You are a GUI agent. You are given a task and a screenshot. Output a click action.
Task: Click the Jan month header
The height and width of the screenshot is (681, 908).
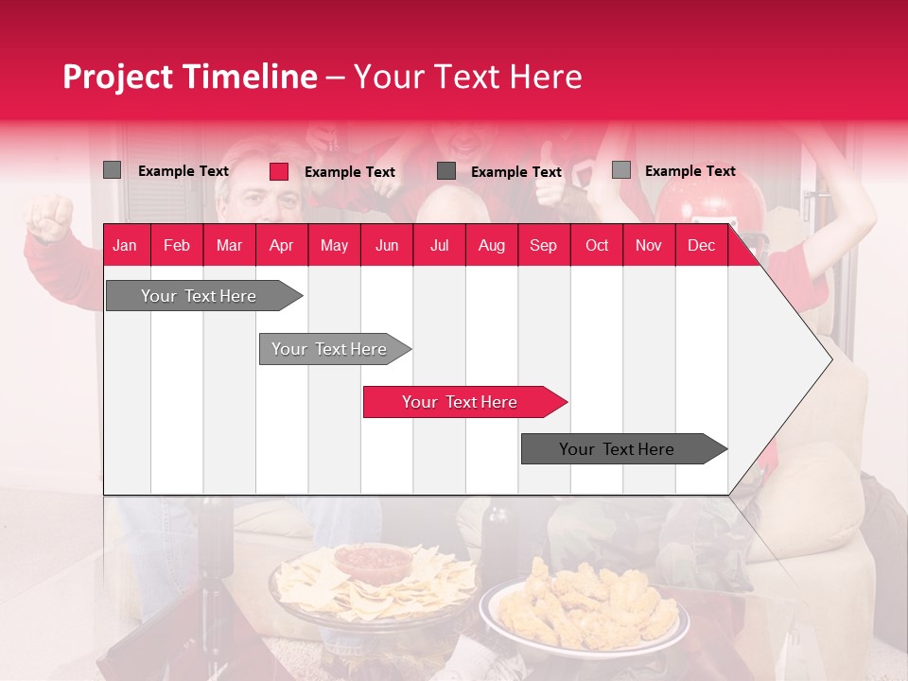[x=125, y=246]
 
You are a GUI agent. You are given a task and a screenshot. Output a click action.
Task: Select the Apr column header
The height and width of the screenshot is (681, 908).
[x=281, y=246]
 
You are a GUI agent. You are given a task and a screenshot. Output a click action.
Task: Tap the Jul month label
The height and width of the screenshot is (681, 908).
[x=439, y=246]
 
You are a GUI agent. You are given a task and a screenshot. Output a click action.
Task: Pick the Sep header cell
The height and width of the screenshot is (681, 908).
[x=543, y=246]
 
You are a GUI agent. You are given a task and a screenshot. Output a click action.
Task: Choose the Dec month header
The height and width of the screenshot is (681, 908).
[x=701, y=246]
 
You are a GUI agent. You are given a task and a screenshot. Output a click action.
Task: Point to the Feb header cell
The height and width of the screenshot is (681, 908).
[x=177, y=246]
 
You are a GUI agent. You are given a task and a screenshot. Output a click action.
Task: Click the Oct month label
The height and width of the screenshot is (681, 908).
[x=597, y=246]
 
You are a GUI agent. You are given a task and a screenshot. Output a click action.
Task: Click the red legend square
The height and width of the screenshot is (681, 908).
[x=279, y=171]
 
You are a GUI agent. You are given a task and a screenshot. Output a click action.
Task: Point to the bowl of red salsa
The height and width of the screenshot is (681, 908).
[x=372, y=563]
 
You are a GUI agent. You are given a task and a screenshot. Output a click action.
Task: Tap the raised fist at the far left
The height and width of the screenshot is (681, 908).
[x=49, y=218]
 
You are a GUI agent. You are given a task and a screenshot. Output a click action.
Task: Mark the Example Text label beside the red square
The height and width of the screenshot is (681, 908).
[x=350, y=172]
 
